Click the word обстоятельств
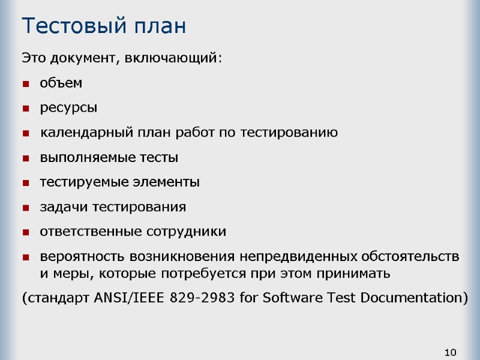[x=411, y=257]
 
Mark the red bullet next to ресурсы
[x=26, y=109]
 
